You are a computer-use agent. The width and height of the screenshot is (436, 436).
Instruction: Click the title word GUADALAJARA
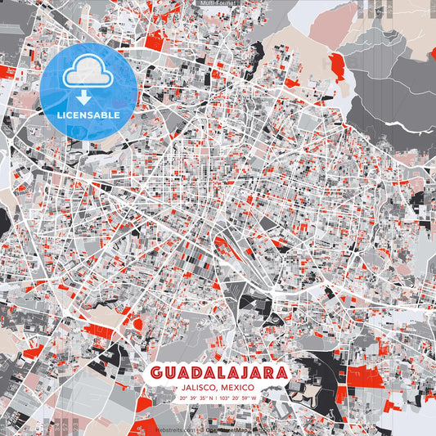(218, 373)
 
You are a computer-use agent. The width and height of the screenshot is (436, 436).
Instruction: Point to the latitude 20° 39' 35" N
(195, 398)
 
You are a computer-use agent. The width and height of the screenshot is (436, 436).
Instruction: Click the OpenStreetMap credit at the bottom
(227, 429)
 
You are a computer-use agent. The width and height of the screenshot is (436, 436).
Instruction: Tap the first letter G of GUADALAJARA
(156, 373)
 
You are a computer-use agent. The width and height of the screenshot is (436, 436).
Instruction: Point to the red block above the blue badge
(154, 38)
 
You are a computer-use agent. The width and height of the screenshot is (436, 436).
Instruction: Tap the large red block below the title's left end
(143, 402)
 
